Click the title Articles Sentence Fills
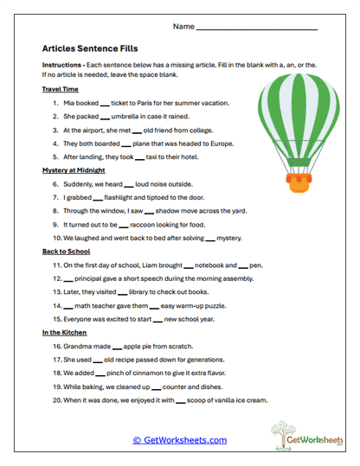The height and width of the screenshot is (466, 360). point(90,49)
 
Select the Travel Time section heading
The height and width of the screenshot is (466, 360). point(60,89)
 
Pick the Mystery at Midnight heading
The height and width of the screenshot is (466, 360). point(74,170)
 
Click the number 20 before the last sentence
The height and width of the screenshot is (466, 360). point(55,400)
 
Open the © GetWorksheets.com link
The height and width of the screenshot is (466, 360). point(179,439)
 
